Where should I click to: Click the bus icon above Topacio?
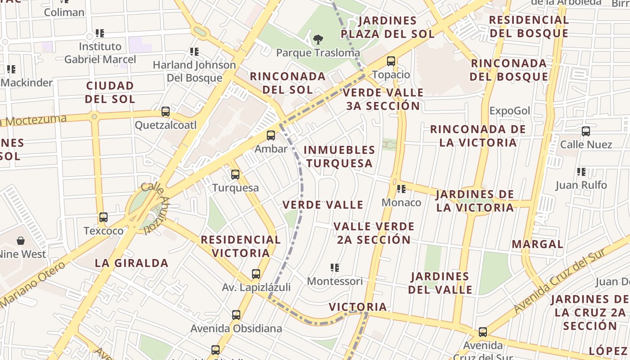click(x=391, y=61)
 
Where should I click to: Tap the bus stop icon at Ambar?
click(x=271, y=135)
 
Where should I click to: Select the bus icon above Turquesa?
click(x=235, y=174)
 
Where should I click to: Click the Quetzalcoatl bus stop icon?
click(x=166, y=111)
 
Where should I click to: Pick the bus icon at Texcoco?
click(x=103, y=217)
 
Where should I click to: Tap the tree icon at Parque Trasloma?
click(x=318, y=39)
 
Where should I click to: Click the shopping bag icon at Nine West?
click(x=21, y=241)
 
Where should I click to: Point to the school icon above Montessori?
click(x=334, y=268)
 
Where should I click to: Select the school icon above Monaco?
click(x=401, y=189)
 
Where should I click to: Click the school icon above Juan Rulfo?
click(x=581, y=171)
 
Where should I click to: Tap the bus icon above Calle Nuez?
click(x=586, y=131)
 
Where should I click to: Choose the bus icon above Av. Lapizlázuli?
click(x=256, y=274)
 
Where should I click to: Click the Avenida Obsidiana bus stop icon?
click(x=236, y=315)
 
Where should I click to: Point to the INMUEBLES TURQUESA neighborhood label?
click(x=339, y=156)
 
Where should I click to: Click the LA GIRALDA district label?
click(x=131, y=263)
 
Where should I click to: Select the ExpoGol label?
click(x=510, y=111)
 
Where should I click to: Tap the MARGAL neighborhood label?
click(x=537, y=244)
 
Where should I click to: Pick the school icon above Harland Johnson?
click(x=194, y=52)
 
